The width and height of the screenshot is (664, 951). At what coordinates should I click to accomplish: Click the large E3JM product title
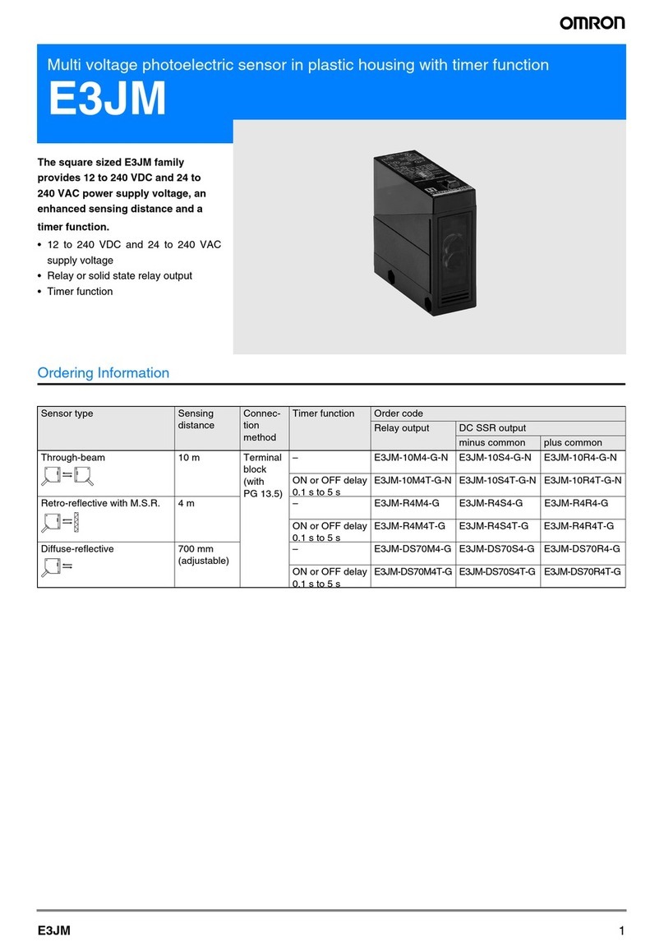[x=107, y=99]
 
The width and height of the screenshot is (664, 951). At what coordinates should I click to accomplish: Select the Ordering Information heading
[x=104, y=372]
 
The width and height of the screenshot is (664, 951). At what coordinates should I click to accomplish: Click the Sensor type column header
[x=67, y=413]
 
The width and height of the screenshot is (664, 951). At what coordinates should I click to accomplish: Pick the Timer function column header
[x=324, y=413]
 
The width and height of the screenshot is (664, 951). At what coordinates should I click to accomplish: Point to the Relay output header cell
[x=402, y=428]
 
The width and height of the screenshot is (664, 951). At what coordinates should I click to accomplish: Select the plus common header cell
[x=573, y=442]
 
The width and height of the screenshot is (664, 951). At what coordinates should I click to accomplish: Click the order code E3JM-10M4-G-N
[x=411, y=458]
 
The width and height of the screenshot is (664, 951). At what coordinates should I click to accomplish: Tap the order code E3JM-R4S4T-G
[x=496, y=525]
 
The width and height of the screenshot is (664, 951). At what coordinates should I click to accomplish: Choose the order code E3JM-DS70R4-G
[x=582, y=548]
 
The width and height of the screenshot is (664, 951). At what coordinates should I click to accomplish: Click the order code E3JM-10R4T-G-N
[x=582, y=481]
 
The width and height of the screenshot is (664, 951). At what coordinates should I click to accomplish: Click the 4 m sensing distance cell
[x=187, y=503]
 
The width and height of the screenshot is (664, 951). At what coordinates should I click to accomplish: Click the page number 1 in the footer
[x=622, y=930]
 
